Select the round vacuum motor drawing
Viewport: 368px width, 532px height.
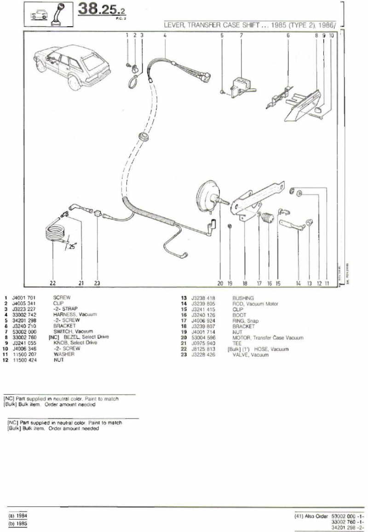pyautogui.click(x=207, y=196)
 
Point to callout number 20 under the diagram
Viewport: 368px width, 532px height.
pyautogui.click(x=220, y=283)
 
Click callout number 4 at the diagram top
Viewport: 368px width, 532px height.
pyautogui.click(x=164, y=35)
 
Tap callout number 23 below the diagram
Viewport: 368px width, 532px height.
pyautogui.click(x=97, y=283)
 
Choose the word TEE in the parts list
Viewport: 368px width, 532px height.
pyautogui.click(x=237, y=343)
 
